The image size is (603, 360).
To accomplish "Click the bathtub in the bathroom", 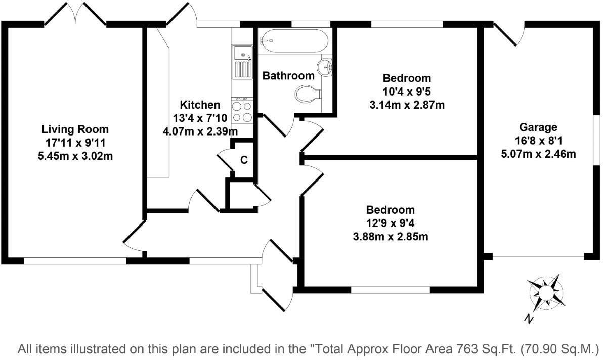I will (293, 41).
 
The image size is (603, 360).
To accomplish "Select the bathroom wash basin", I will (326, 67).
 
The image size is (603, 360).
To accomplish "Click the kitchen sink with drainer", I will (242, 62).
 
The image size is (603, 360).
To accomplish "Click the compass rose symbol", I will (546, 292).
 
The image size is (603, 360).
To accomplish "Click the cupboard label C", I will (244, 160).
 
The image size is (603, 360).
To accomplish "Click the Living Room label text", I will (75, 129).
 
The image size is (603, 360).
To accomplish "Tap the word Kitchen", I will (200, 105).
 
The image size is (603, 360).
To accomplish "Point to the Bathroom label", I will (288, 76).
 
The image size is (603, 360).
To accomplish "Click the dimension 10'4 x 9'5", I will (407, 92).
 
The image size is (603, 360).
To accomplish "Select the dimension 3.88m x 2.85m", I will (391, 237).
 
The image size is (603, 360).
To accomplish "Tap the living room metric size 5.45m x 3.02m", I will (75, 156).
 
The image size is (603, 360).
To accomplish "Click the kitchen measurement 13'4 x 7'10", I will (200, 118).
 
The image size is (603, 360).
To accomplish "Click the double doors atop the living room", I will (76, 14).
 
